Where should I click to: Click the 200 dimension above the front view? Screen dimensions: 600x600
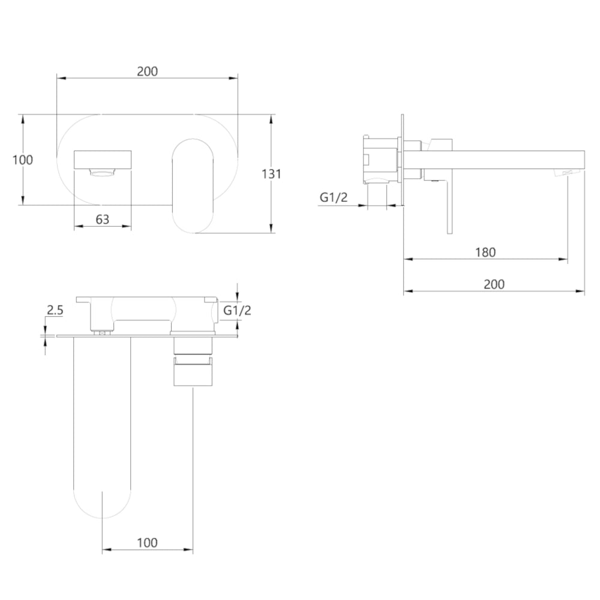(x=148, y=71)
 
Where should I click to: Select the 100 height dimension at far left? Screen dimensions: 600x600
(x=23, y=160)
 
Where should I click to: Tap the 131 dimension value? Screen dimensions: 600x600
(x=271, y=174)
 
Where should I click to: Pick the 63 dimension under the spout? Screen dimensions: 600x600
(x=102, y=219)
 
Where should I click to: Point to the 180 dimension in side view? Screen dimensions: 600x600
(x=485, y=252)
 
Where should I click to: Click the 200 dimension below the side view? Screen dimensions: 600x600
(x=494, y=284)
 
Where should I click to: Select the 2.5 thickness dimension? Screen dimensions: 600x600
(x=55, y=310)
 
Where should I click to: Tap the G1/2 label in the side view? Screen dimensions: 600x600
(x=334, y=197)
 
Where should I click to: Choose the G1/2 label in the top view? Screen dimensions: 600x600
(x=237, y=310)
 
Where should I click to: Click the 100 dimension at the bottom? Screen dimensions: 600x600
(x=148, y=542)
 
